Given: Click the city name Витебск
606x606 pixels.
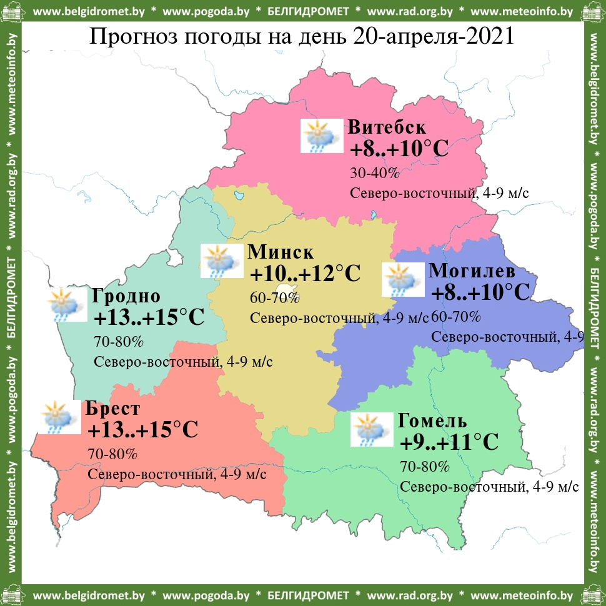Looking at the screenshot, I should pos(387,127).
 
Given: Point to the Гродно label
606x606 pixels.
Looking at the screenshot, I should pos(126,296).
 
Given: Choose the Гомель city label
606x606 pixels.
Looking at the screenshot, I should pos(432,420).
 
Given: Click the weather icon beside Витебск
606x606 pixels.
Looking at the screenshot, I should pos(322,136).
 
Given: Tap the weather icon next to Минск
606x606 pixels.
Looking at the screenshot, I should pos(221,261).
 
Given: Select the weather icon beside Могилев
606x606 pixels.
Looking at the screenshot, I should pos(402,279).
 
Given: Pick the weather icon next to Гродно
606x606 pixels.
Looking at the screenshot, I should pos(67,304).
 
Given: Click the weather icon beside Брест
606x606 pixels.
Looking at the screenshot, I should pos(59,417).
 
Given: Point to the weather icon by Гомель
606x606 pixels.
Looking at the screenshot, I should pos(372,429).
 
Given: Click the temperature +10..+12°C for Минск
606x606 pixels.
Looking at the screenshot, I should pos(305,274).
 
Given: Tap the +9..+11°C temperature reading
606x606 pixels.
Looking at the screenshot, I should pos(449,443).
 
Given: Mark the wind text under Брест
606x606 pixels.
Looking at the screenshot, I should pos(177,474).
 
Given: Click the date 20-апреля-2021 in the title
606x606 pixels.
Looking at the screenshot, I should pos(433,36).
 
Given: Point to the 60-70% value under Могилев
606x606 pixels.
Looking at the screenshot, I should pos(456,317).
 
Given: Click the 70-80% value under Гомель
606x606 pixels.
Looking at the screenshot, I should pos(425,466).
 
